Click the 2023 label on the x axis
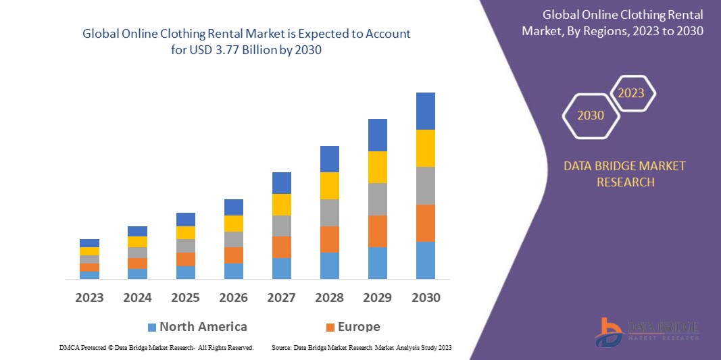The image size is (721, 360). pyautogui.click(x=89, y=298)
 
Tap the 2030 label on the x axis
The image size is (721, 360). pyautogui.click(x=426, y=298)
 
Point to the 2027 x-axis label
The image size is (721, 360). pyautogui.click(x=282, y=298)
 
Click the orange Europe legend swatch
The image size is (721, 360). pyautogui.click(x=330, y=328)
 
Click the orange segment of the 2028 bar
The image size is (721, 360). pyautogui.click(x=330, y=239)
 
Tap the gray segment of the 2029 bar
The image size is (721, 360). pyautogui.click(x=378, y=199)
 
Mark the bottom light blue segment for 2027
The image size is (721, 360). pyautogui.click(x=282, y=268)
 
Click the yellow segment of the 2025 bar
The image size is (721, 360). pyautogui.click(x=186, y=232)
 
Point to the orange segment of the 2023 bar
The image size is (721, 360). pyautogui.click(x=89, y=267)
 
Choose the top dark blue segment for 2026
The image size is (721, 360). pyautogui.click(x=234, y=207)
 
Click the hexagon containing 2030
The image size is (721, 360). pyautogui.click(x=591, y=115)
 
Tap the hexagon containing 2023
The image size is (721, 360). pyautogui.click(x=632, y=93)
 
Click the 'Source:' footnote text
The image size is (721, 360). pyautogui.click(x=282, y=347)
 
